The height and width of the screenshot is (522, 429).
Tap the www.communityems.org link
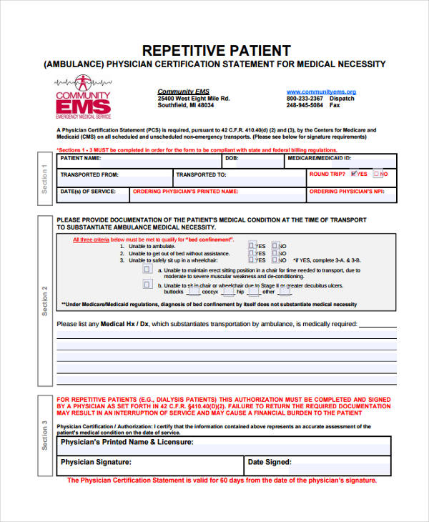(321, 92)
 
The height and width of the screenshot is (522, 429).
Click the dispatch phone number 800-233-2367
(305, 99)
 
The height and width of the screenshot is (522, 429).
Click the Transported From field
(143, 174)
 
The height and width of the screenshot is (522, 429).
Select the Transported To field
(265, 174)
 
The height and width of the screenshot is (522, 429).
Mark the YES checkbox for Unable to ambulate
(252, 245)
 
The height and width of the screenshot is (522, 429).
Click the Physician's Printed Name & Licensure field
(286, 443)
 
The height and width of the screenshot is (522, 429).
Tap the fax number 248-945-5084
(305, 106)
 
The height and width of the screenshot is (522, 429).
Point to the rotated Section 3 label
(44, 435)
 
